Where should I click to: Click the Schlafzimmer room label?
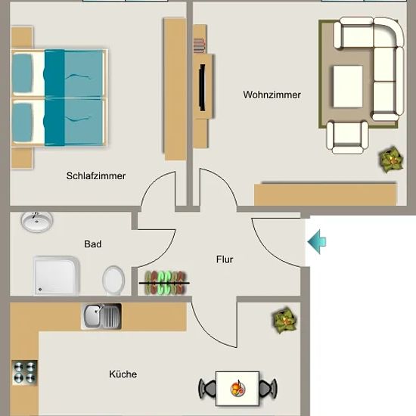click(96, 175)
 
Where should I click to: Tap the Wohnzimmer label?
click(272, 95)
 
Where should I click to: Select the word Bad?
click(92, 244)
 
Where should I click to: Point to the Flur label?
click(225, 259)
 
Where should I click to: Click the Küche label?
click(123, 374)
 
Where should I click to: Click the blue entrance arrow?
click(317, 242)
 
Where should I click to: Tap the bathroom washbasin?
click(37, 222)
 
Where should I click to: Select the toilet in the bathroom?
click(113, 281)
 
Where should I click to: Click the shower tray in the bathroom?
click(57, 276)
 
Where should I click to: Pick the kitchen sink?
click(101, 316)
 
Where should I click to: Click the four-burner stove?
click(25, 373)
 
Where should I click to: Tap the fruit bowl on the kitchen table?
click(237, 389)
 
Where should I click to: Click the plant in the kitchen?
click(284, 320)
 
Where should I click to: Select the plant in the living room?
click(391, 160)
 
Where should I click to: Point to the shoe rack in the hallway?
click(164, 283)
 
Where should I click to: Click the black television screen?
click(203, 87)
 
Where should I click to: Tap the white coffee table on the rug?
click(348, 86)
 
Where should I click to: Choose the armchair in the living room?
click(348, 138)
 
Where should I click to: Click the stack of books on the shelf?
click(199, 45)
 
